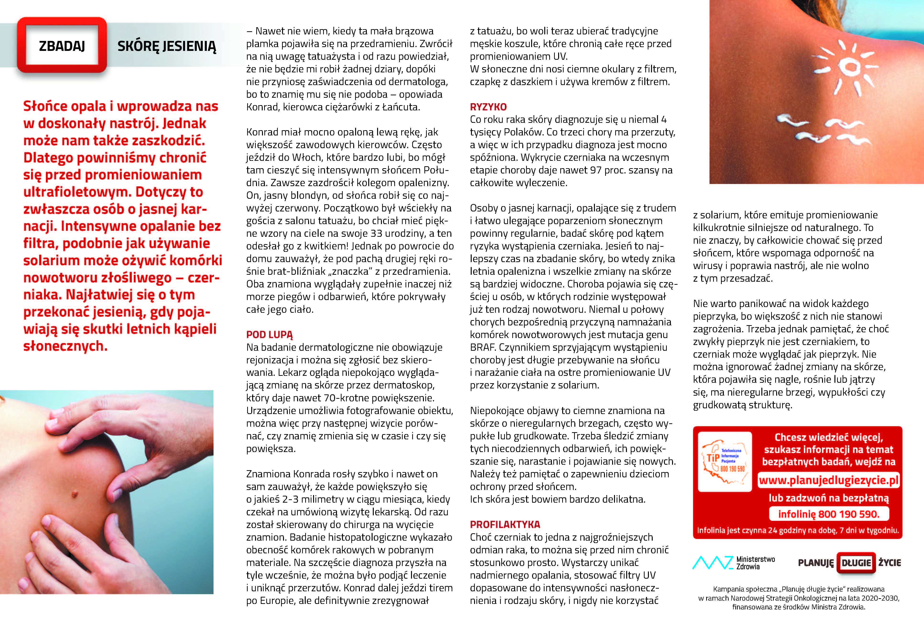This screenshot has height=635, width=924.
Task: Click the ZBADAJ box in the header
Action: click(x=62, y=46)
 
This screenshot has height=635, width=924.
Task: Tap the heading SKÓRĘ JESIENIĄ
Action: click(x=167, y=47)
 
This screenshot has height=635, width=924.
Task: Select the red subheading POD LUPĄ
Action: click(x=269, y=335)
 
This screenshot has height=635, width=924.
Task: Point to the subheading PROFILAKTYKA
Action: click(x=505, y=524)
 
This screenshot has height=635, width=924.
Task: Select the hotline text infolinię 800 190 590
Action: click(x=828, y=514)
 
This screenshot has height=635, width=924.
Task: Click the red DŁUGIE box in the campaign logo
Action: click(x=856, y=563)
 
